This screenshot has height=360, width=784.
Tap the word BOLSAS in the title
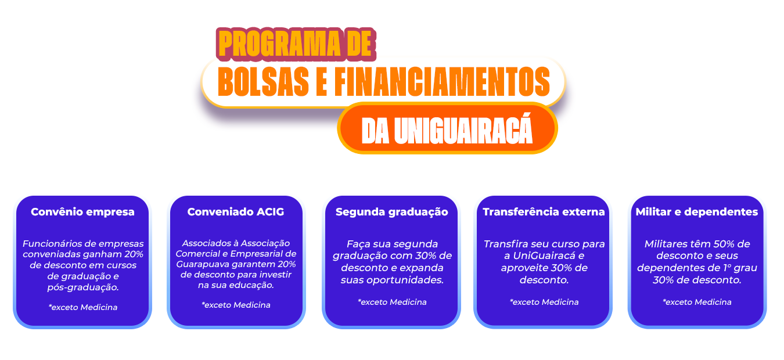pos(263,81)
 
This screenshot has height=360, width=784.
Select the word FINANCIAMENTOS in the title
pos(443,81)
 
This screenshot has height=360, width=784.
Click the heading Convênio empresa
pos(82,212)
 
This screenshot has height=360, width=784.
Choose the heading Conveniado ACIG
pos(236,212)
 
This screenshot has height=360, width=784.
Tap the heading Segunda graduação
pos(391,213)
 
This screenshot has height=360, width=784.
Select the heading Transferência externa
pos(544,212)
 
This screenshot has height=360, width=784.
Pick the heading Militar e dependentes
pos(696,212)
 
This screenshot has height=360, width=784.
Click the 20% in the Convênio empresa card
pos(134,254)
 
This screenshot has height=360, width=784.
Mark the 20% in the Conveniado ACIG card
pos(287,264)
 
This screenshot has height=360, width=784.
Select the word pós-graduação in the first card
pos(83,287)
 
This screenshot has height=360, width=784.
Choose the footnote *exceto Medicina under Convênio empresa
pos(83,307)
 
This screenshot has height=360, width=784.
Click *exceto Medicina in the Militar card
pos(697,302)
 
